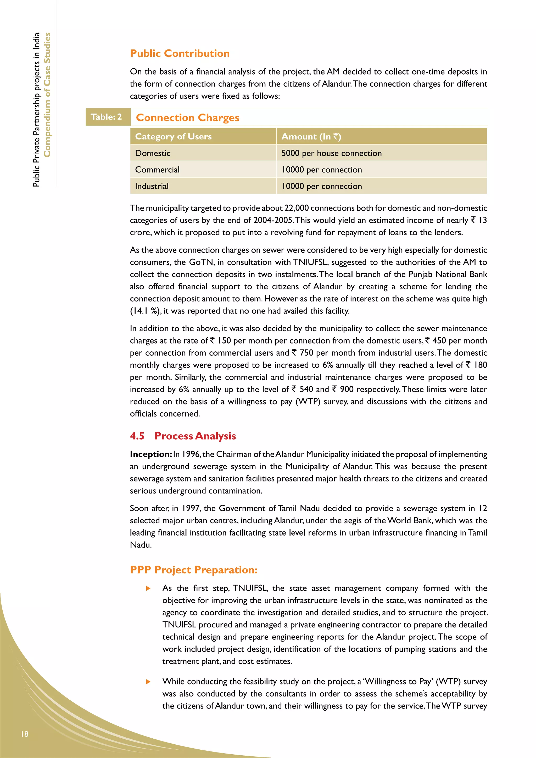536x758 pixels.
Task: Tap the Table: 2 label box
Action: click(106, 117)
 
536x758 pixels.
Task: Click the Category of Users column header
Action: click(173, 136)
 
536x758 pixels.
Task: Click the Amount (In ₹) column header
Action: click(311, 136)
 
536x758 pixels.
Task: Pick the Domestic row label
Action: click(153, 153)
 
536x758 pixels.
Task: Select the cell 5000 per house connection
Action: click(331, 153)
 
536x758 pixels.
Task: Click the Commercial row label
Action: click(157, 170)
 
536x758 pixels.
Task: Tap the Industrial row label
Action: click(152, 186)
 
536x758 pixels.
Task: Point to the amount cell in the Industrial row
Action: click(322, 186)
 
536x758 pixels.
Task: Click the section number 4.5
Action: click(137, 436)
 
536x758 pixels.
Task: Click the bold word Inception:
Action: click(150, 454)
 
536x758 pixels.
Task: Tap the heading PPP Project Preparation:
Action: click(193, 570)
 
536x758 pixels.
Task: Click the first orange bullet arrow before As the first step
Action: click(148, 588)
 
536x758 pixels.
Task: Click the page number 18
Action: click(25, 734)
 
